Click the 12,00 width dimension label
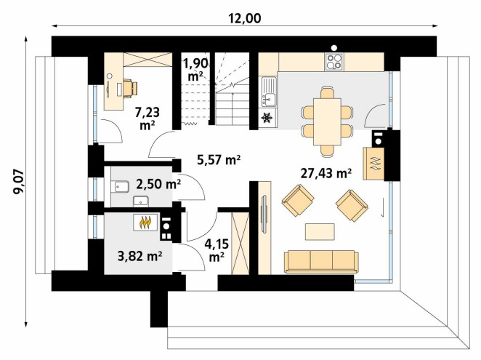coord(245,18)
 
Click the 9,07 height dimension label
coord(17,182)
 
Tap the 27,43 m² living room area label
coord(326,174)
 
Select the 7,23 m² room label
coord(147,119)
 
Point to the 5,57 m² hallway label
coord(219,160)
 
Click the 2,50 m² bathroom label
coord(158,184)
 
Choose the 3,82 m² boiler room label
coord(140,255)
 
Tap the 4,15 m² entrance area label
coord(217,251)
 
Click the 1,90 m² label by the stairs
coord(195,70)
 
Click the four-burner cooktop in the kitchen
coord(334,61)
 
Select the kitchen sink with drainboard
coord(269,92)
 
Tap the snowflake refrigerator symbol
coord(267,118)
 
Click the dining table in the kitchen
coord(327,121)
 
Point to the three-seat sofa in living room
coord(321,262)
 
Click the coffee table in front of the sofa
coord(320,231)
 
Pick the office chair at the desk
coord(130,88)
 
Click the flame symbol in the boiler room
coord(146,223)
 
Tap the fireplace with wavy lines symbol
coord(373,164)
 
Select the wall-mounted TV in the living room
coord(264,214)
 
